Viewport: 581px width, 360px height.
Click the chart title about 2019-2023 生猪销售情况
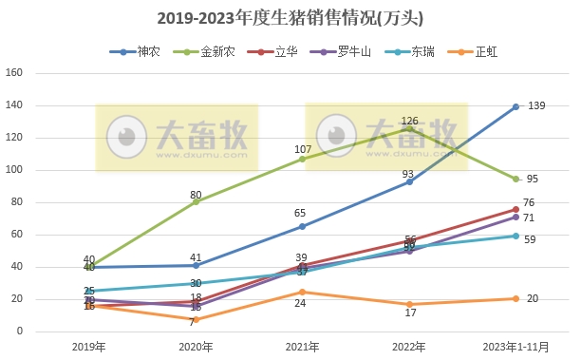pyautogui.click(x=290, y=18)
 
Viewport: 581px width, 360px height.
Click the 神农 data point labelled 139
pyautogui.click(x=515, y=106)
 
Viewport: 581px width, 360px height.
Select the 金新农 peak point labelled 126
pyautogui.click(x=409, y=128)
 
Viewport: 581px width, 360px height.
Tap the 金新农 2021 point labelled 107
pyautogui.click(x=303, y=159)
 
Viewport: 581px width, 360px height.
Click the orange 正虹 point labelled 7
pyautogui.click(x=197, y=320)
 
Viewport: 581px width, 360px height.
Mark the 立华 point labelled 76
pyautogui.click(x=515, y=209)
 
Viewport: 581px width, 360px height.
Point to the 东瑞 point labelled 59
pyautogui.click(x=515, y=236)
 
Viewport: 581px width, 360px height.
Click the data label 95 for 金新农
pyautogui.click(x=533, y=179)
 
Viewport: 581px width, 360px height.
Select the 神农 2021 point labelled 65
pyautogui.click(x=303, y=226)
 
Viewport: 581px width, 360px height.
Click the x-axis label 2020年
pyautogui.click(x=197, y=347)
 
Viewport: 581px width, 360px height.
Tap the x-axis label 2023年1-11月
pyautogui.click(x=515, y=347)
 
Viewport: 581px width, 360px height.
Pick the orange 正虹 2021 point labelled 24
pyautogui.click(x=303, y=293)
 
